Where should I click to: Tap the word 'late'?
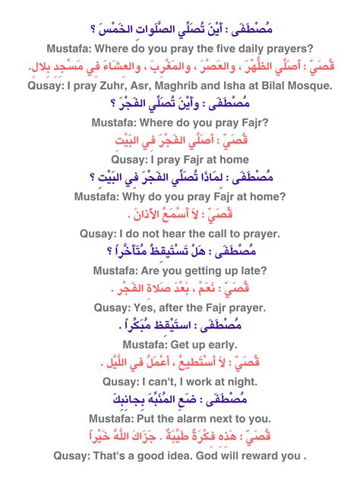(x=255, y=270)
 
